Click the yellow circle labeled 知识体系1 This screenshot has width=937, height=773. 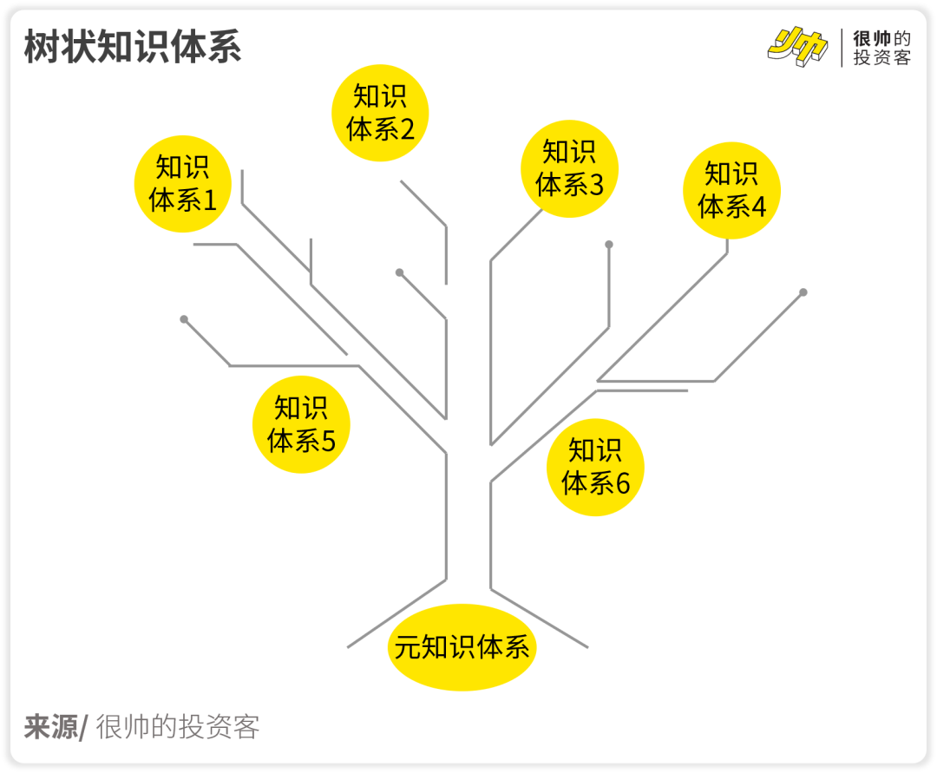pyautogui.click(x=183, y=183)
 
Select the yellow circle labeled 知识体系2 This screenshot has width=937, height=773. pyautogui.click(x=381, y=113)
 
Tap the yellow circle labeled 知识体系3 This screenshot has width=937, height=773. pyautogui.click(x=569, y=168)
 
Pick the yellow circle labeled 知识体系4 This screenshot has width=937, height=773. pyautogui.click(x=731, y=190)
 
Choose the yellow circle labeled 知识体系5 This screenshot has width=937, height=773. pyautogui.click(x=301, y=424)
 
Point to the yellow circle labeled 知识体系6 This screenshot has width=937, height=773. pyautogui.click(x=595, y=467)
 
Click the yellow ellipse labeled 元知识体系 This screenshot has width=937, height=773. pyautogui.click(x=462, y=647)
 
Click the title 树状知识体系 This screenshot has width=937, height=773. pyautogui.click(x=133, y=47)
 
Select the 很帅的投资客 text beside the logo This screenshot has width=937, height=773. pyautogui.click(x=881, y=48)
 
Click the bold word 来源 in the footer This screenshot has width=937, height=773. pyautogui.click(x=50, y=727)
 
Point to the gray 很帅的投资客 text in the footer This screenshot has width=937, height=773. pyautogui.click(x=178, y=727)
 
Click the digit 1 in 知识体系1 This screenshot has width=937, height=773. pyautogui.click(x=209, y=200)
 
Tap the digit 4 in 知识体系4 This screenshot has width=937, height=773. pyautogui.click(x=758, y=207)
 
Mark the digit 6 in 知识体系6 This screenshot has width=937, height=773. pyautogui.click(x=622, y=483)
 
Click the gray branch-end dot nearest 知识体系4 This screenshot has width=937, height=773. pyautogui.click(x=803, y=292)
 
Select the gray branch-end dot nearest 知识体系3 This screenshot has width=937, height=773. pyautogui.click(x=609, y=245)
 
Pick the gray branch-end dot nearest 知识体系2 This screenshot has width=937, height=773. pyautogui.click(x=400, y=272)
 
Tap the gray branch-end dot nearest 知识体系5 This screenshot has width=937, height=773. pyautogui.click(x=184, y=319)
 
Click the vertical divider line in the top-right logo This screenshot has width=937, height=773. pyautogui.click(x=842, y=48)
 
